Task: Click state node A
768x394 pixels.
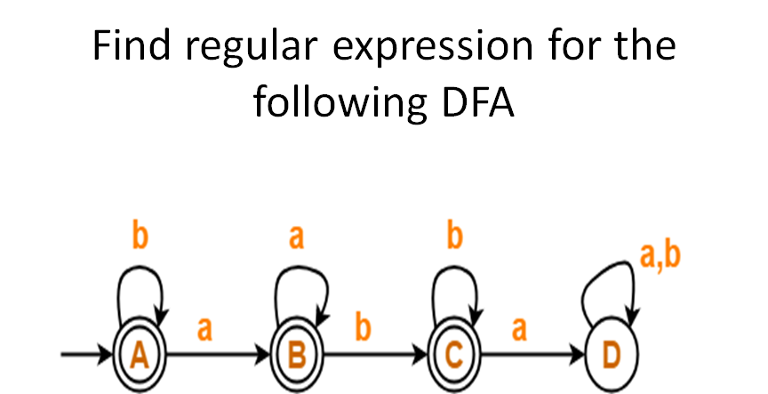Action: pos(139,357)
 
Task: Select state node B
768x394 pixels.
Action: pos(296,357)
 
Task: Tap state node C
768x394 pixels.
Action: pos(453,357)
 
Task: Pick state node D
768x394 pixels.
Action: pos(611,357)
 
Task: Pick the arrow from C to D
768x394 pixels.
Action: pos(532,357)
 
